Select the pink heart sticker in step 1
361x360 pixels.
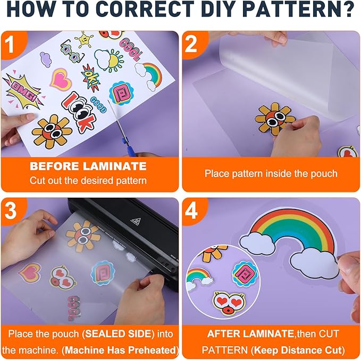click(61, 79)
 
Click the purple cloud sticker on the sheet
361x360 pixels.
click(45, 59)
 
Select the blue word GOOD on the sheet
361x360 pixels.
click(98, 104)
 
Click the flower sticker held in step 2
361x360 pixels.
click(274, 119)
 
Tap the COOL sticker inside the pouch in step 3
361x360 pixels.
click(74, 308)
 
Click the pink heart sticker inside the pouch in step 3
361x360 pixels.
click(30, 272)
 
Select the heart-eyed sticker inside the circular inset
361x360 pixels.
click(229, 303)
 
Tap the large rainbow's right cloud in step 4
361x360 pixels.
click(315, 264)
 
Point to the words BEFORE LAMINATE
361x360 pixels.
click(88, 166)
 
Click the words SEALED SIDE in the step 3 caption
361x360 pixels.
click(119, 334)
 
